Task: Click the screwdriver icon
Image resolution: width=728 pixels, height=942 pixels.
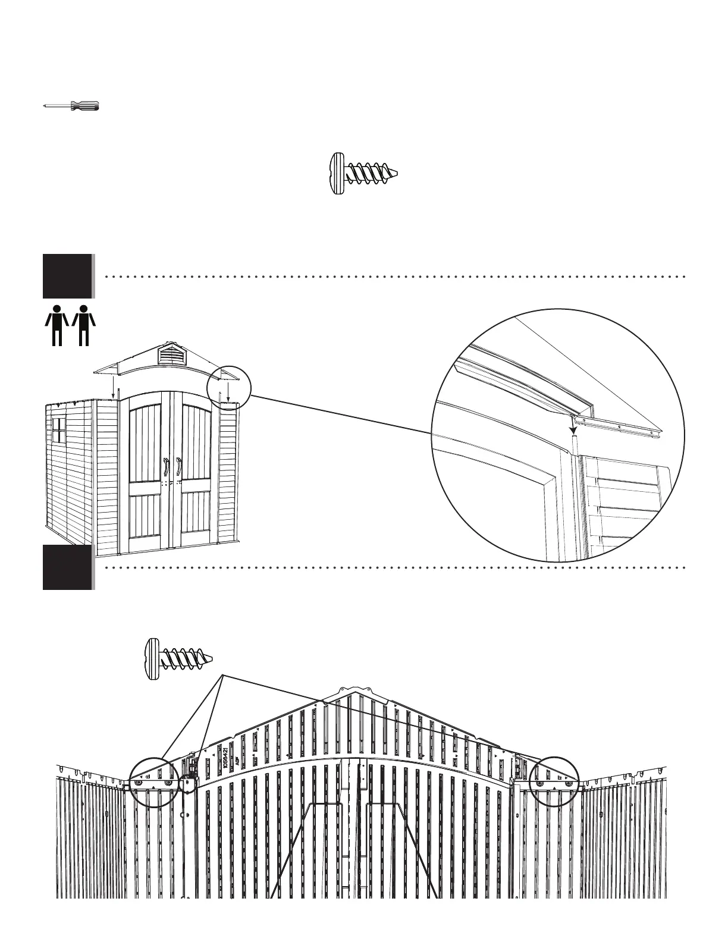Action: pos(71,106)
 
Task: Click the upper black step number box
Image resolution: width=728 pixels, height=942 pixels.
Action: pos(67,276)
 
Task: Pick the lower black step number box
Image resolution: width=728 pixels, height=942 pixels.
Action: pos(67,567)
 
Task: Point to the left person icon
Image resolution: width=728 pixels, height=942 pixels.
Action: pos(57,325)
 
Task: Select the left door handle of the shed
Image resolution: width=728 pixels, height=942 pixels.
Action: pos(165,467)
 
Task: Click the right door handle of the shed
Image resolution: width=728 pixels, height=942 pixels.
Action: pos(178,467)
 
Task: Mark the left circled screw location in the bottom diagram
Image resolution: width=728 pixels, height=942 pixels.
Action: pos(153,781)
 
